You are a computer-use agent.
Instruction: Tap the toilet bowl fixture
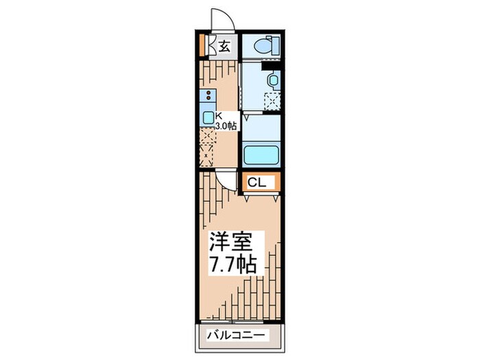tap(263, 47)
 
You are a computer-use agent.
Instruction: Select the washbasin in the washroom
tap(273, 82)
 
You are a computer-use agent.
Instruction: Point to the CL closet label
tap(256, 182)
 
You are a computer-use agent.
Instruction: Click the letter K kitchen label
tap(219, 116)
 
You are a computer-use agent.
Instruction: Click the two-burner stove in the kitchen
tap(207, 96)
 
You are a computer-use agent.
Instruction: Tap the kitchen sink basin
tap(207, 117)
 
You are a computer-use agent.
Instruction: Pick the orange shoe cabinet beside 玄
tap(202, 45)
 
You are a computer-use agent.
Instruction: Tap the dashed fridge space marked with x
tap(207, 156)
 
